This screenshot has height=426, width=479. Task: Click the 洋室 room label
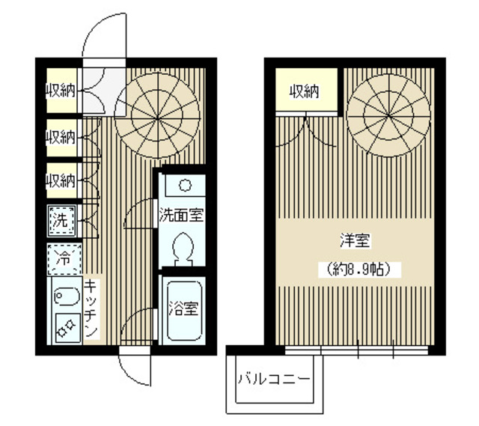tap(356, 240)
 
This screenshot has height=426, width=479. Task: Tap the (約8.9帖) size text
tap(359, 270)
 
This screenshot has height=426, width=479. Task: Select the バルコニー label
tap(274, 379)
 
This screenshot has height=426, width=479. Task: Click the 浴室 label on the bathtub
tap(183, 308)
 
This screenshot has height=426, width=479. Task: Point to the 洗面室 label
tap(181, 215)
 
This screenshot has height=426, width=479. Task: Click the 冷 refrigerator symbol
tap(64, 259)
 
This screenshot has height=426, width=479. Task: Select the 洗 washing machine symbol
tap(61, 221)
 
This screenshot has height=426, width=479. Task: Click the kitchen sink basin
tap(67, 296)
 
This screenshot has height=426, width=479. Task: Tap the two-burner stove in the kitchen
tap(67, 328)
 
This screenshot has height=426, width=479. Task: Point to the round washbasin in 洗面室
tap(185, 185)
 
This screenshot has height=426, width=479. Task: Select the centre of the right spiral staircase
tap(388, 115)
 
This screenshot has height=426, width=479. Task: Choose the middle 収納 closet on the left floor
tap(61, 138)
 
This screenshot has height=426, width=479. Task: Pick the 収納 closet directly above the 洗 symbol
tap(61, 180)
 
